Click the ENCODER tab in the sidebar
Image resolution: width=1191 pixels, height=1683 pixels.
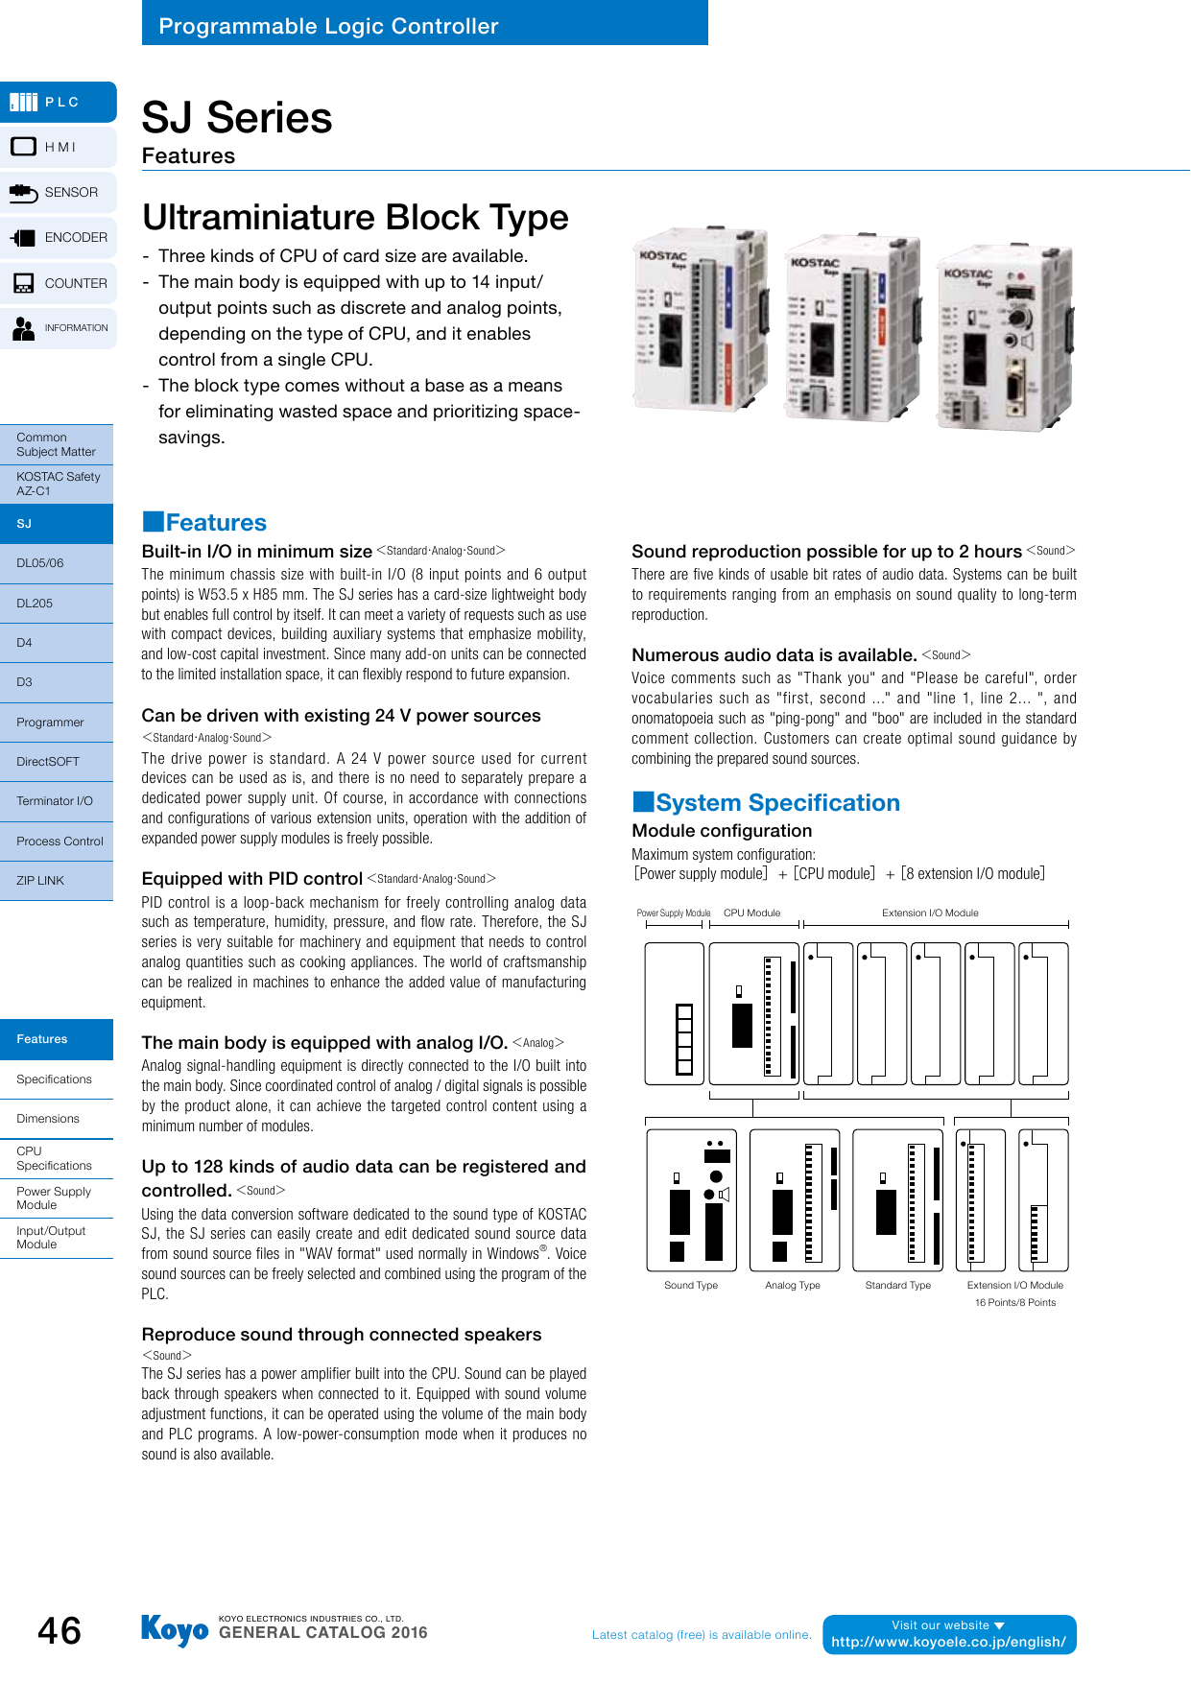60,238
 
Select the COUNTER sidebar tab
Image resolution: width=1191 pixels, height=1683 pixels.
60,283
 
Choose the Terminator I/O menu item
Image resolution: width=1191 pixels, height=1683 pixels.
56,801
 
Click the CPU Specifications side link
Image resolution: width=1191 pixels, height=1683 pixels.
56,1158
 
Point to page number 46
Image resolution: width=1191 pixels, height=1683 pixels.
60,1631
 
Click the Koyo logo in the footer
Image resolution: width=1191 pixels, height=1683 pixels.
175,1630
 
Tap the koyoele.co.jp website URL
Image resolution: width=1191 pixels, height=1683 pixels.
948,1642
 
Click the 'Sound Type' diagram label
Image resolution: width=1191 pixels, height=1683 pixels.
691,1286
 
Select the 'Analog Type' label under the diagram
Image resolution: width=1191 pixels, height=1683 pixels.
793,1286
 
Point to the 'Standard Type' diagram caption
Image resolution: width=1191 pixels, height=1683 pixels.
898,1286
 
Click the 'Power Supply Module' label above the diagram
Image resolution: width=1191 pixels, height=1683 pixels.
674,913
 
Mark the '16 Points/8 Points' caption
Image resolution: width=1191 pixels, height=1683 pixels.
1015,1303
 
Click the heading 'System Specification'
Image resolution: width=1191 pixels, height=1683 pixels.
777,803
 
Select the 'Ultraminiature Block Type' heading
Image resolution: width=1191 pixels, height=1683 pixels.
355,218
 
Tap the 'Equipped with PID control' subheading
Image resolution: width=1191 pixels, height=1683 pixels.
251,879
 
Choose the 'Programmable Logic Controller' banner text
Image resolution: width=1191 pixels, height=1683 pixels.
328,26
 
